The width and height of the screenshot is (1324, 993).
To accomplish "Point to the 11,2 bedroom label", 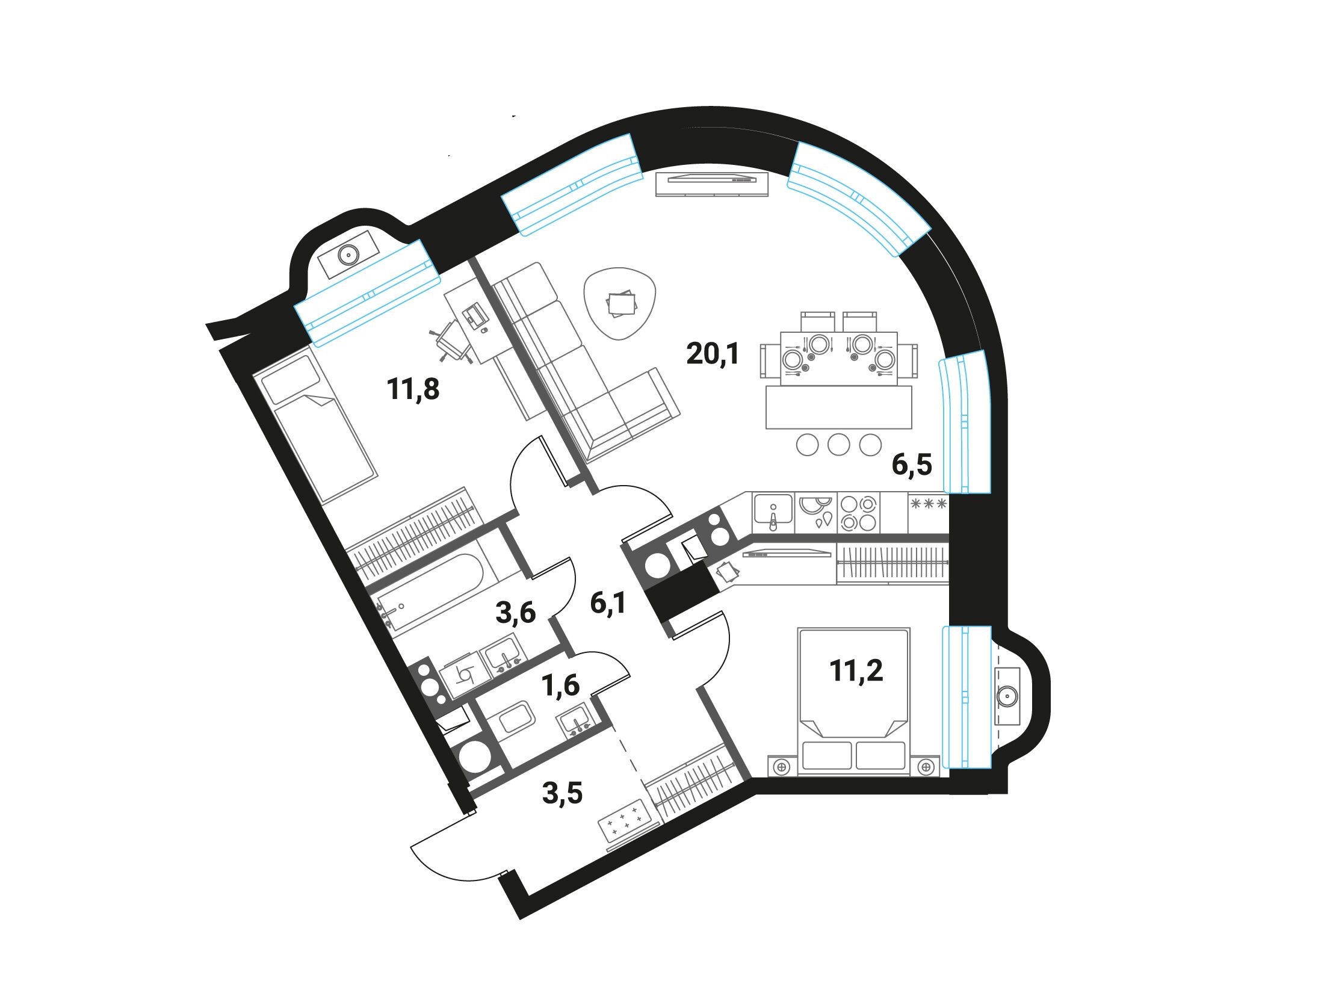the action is (x=856, y=670).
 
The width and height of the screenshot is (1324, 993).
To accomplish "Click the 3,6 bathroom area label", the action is (x=515, y=614).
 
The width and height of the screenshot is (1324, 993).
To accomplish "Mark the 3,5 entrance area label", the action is (x=563, y=793).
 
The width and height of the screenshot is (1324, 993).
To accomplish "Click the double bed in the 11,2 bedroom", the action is (x=853, y=701).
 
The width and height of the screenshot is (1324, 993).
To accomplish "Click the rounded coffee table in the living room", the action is (x=621, y=303).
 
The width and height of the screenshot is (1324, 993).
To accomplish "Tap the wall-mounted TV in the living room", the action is (x=713, y=184).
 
